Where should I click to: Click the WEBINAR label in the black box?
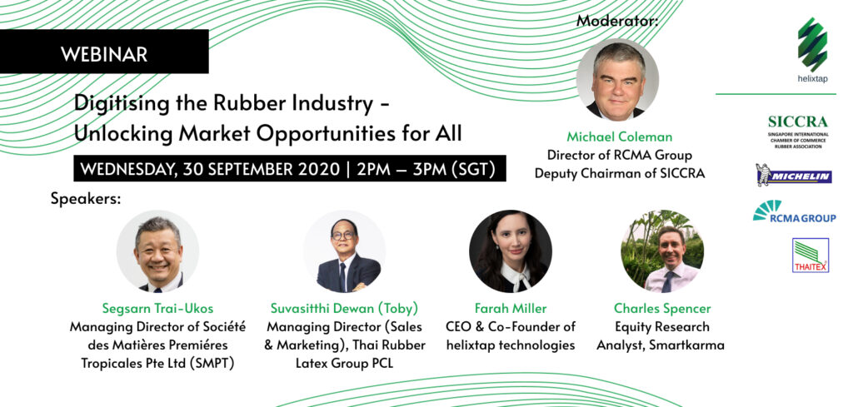pos(104,54)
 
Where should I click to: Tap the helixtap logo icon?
pos(812,44)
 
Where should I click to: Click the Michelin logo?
pos(794,175)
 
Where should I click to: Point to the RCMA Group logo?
pos(794,211)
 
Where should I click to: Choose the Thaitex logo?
pos(811,255)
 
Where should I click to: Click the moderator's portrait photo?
pos(617,79)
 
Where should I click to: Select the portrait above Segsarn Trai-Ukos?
pos(157,251)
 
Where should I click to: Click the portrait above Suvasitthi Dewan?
pos(344,251)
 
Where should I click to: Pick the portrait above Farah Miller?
pos(511,251)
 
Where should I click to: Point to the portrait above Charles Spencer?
pos(662,251)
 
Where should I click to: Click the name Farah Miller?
pos(511,309)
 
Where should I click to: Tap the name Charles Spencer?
pos(662,309)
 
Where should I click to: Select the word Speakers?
pos(86,199)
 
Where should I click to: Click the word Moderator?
pos(617,21)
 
